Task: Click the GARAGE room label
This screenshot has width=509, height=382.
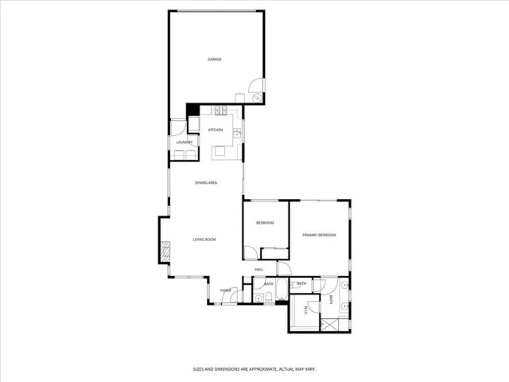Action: point(214,60)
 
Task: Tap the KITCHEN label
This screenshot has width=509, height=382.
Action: point(216,130)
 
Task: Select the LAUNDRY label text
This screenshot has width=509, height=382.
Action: point(184,142)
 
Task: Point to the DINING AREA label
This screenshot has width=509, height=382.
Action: point(207,183)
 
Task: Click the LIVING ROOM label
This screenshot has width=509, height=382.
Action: point(204,240)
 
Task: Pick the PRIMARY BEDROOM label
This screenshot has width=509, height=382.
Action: point(319,236)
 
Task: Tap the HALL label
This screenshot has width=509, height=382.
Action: point(259,270)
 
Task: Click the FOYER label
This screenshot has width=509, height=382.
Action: point(226,291)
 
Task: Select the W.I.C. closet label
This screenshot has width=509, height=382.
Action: point(293,311)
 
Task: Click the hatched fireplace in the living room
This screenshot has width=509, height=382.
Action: point(165,251)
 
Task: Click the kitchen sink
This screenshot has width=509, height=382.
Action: point(236,134)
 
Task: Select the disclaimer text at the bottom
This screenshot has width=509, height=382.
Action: point(254,368)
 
